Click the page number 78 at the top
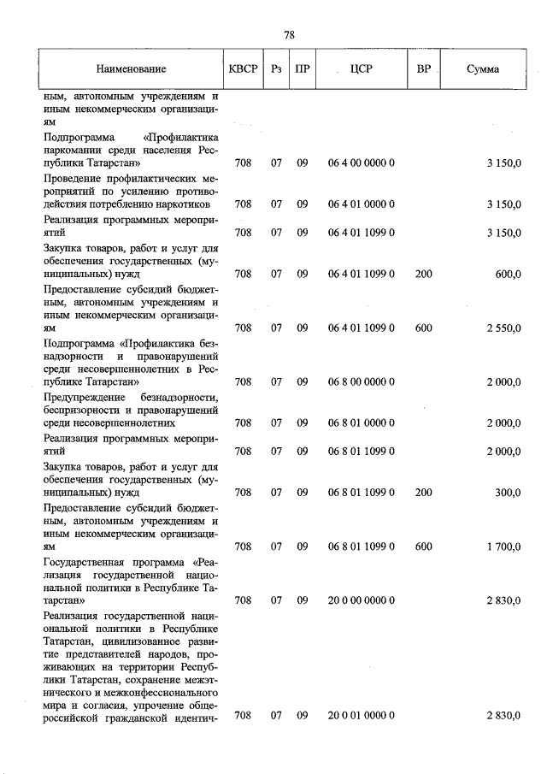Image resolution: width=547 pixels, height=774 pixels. pyautogui.click(x=289, y=35)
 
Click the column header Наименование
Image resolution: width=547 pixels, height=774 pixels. pyautogui.click(x=131, y=69)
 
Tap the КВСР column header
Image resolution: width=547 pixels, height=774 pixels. pyautogui.click(x=242, y=69)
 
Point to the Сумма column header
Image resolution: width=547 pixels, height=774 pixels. pyautogui.click(x=483, y=69)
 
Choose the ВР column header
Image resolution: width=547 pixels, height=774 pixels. pyautogui.click(x=423, y=68)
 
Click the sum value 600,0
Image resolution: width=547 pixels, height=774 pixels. pyautogui.click(x=507, y=274)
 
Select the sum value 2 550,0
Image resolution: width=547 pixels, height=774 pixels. pyautogui.click(x=503, y=328)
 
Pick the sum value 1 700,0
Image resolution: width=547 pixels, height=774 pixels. pyautogui.click(x=503, y=546)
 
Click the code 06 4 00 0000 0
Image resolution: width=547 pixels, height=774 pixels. pyautogui.click(x=361, y=162)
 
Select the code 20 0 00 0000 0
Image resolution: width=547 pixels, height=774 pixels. pyautogui.click(x=361, y=600)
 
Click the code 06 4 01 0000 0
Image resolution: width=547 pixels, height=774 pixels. pyautogui.click(x=361, y=204)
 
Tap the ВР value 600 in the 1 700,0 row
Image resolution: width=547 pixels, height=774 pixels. pyautogui.click(x=423, y=546)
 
